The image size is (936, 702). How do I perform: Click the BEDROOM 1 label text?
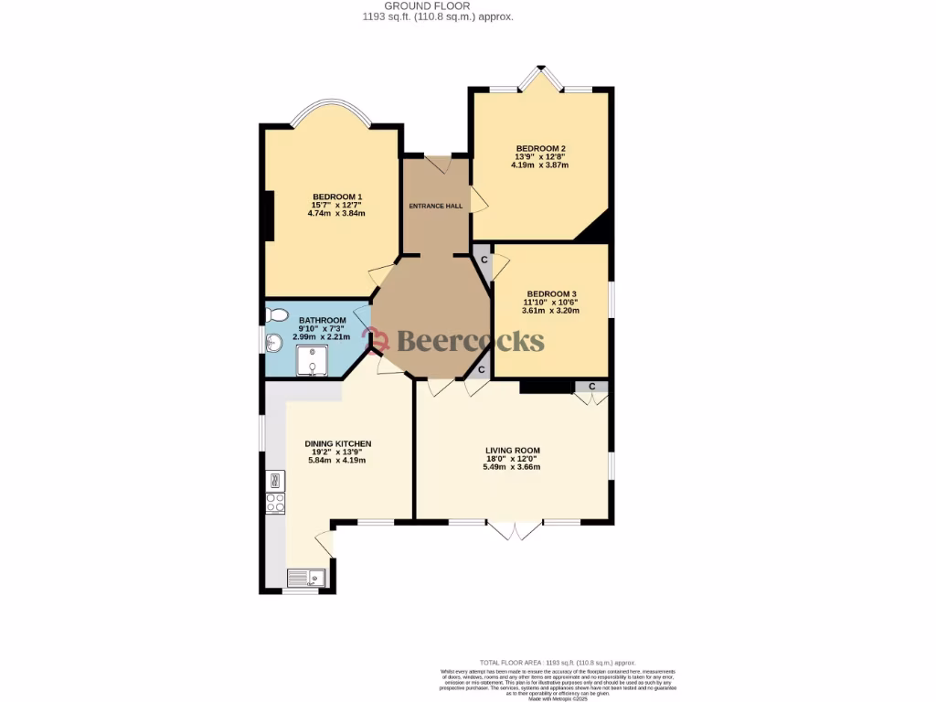click(337, 197)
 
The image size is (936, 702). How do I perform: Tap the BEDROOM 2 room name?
click(540, 149)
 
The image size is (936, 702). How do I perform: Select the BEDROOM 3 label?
click(551, 292)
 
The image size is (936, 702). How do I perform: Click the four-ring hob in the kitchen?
click(274, 502)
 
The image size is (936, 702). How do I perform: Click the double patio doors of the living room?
click(515, 529)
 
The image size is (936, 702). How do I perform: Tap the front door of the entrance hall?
click(437, 164)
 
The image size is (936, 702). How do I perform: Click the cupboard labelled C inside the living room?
click(592, 387)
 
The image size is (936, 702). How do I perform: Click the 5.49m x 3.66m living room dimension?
click(512, 467)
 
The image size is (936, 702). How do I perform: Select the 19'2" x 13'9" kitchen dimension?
click(337, 452)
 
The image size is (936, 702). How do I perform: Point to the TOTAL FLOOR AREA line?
click(558, 663)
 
